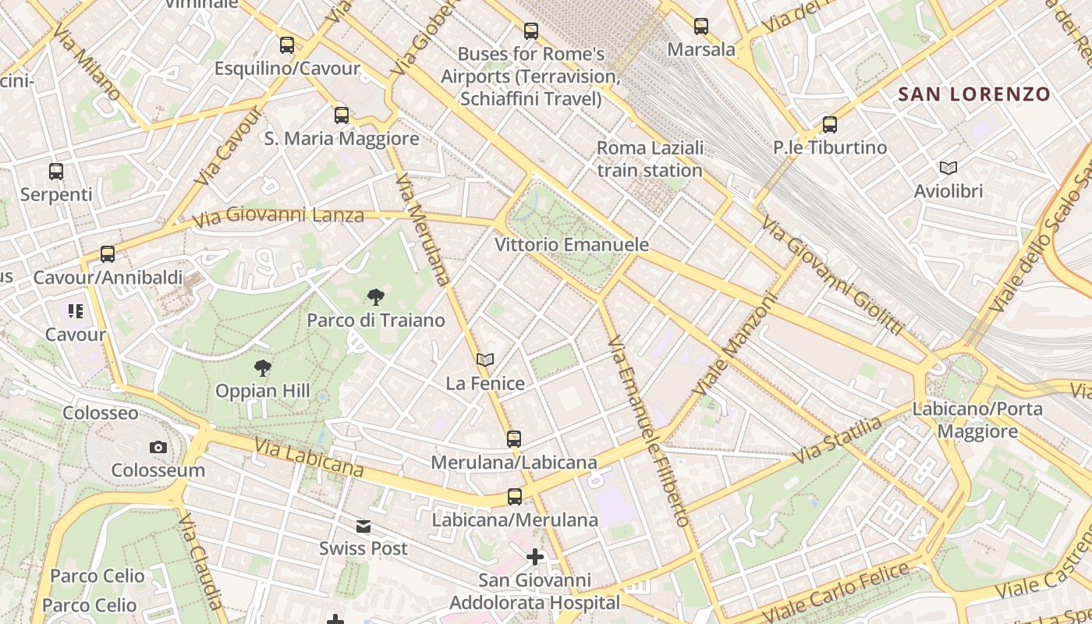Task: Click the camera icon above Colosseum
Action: [158, 447]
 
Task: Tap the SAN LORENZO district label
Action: [974, 95]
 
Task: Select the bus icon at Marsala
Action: [701, 27]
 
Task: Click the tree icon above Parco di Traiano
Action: [375, 296]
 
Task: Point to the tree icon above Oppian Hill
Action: [263, 367]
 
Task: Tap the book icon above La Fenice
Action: [485, 360]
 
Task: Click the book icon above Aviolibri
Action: [948, 168]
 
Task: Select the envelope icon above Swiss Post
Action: [363, 526]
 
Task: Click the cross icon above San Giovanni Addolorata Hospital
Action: [535, 557]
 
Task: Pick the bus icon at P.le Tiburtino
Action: [830, 125]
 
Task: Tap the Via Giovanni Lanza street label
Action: [278, 215]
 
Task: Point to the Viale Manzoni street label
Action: [735, 344]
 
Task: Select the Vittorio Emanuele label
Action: [572, 245]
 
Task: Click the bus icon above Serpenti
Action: [56, 172]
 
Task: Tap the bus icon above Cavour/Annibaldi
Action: [108, 254]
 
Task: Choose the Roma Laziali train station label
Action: [650, 159]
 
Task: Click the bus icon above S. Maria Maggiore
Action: [342, 115]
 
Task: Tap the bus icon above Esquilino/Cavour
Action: [287, 45]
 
